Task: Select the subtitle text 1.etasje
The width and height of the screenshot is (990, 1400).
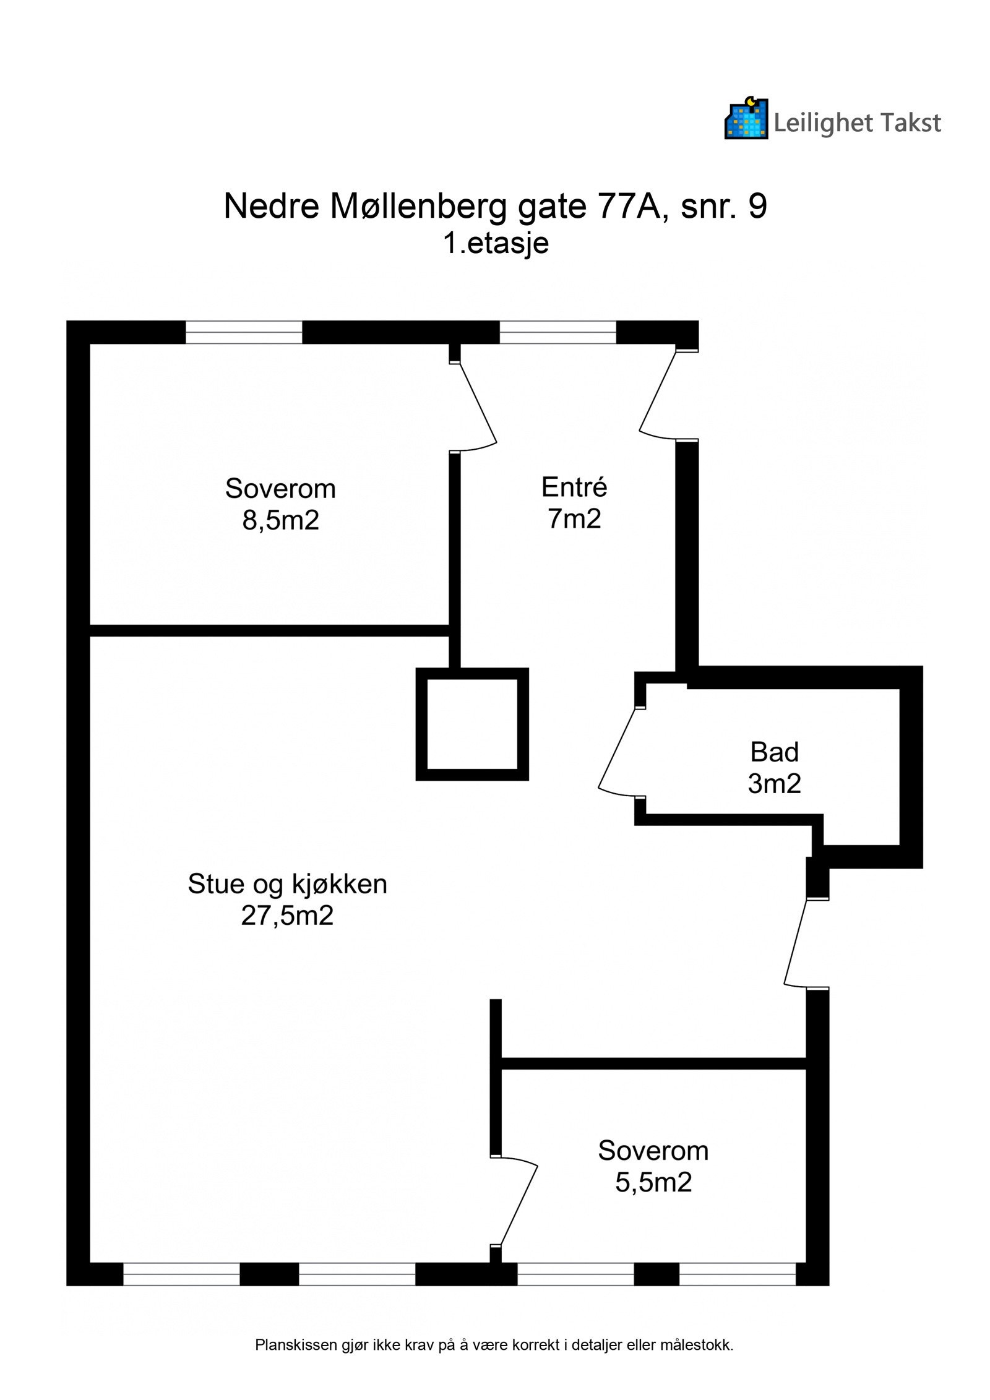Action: click(x=496, y=243)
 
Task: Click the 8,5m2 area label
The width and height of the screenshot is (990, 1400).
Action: click(x=280, y=520)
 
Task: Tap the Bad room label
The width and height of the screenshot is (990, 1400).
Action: click(x=774, y=752)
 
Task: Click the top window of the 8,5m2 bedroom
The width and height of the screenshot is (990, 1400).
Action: click(x=244, y=332)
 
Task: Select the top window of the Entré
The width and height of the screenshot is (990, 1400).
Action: click(x=557, y=332)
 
